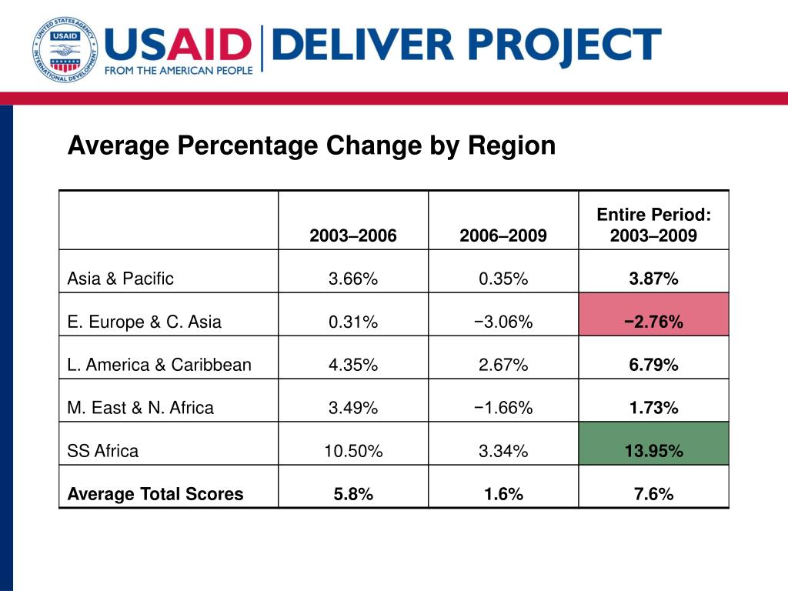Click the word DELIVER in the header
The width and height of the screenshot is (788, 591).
pyautogui.click(x=363, y=45)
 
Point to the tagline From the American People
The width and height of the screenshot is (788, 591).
pyautogui.click(x=179, y=70)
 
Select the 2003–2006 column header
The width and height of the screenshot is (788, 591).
pyautogui.click(x=352, y=235)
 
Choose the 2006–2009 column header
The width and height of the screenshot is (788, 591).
pyautogui.click(x=503, y=235)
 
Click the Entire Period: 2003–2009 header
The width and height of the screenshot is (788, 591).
pyautogui.click(x=654, y=225)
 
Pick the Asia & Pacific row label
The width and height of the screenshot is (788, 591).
pyautogui.click(x=120, y=279)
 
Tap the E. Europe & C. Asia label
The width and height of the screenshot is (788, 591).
pyautogui.click(x=144, y=322)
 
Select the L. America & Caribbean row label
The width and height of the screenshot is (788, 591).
pyautogui.click(x=159, y=365)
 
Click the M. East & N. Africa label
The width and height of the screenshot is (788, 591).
pyautogui.click(x=140, y=408)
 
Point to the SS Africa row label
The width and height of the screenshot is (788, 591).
pyautogui.click(x=102, y=451)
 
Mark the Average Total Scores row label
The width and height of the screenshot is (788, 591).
pyautogui.click(x=155, y=494)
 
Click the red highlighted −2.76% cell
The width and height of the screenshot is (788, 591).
pyautogui.click(x=654, y=315)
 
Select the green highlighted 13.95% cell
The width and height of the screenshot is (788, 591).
pyautogui.click(x=654, y=444)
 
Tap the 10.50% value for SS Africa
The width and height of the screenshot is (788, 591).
pyautogui.click(x=353, y=451)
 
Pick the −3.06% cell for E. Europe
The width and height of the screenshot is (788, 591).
pyautogui.click(x=503, y=322)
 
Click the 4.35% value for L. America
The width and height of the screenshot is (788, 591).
pyautogui.click(x=353, y=365)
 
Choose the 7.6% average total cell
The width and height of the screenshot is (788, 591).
pyautogui.click(x=654, y=494)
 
